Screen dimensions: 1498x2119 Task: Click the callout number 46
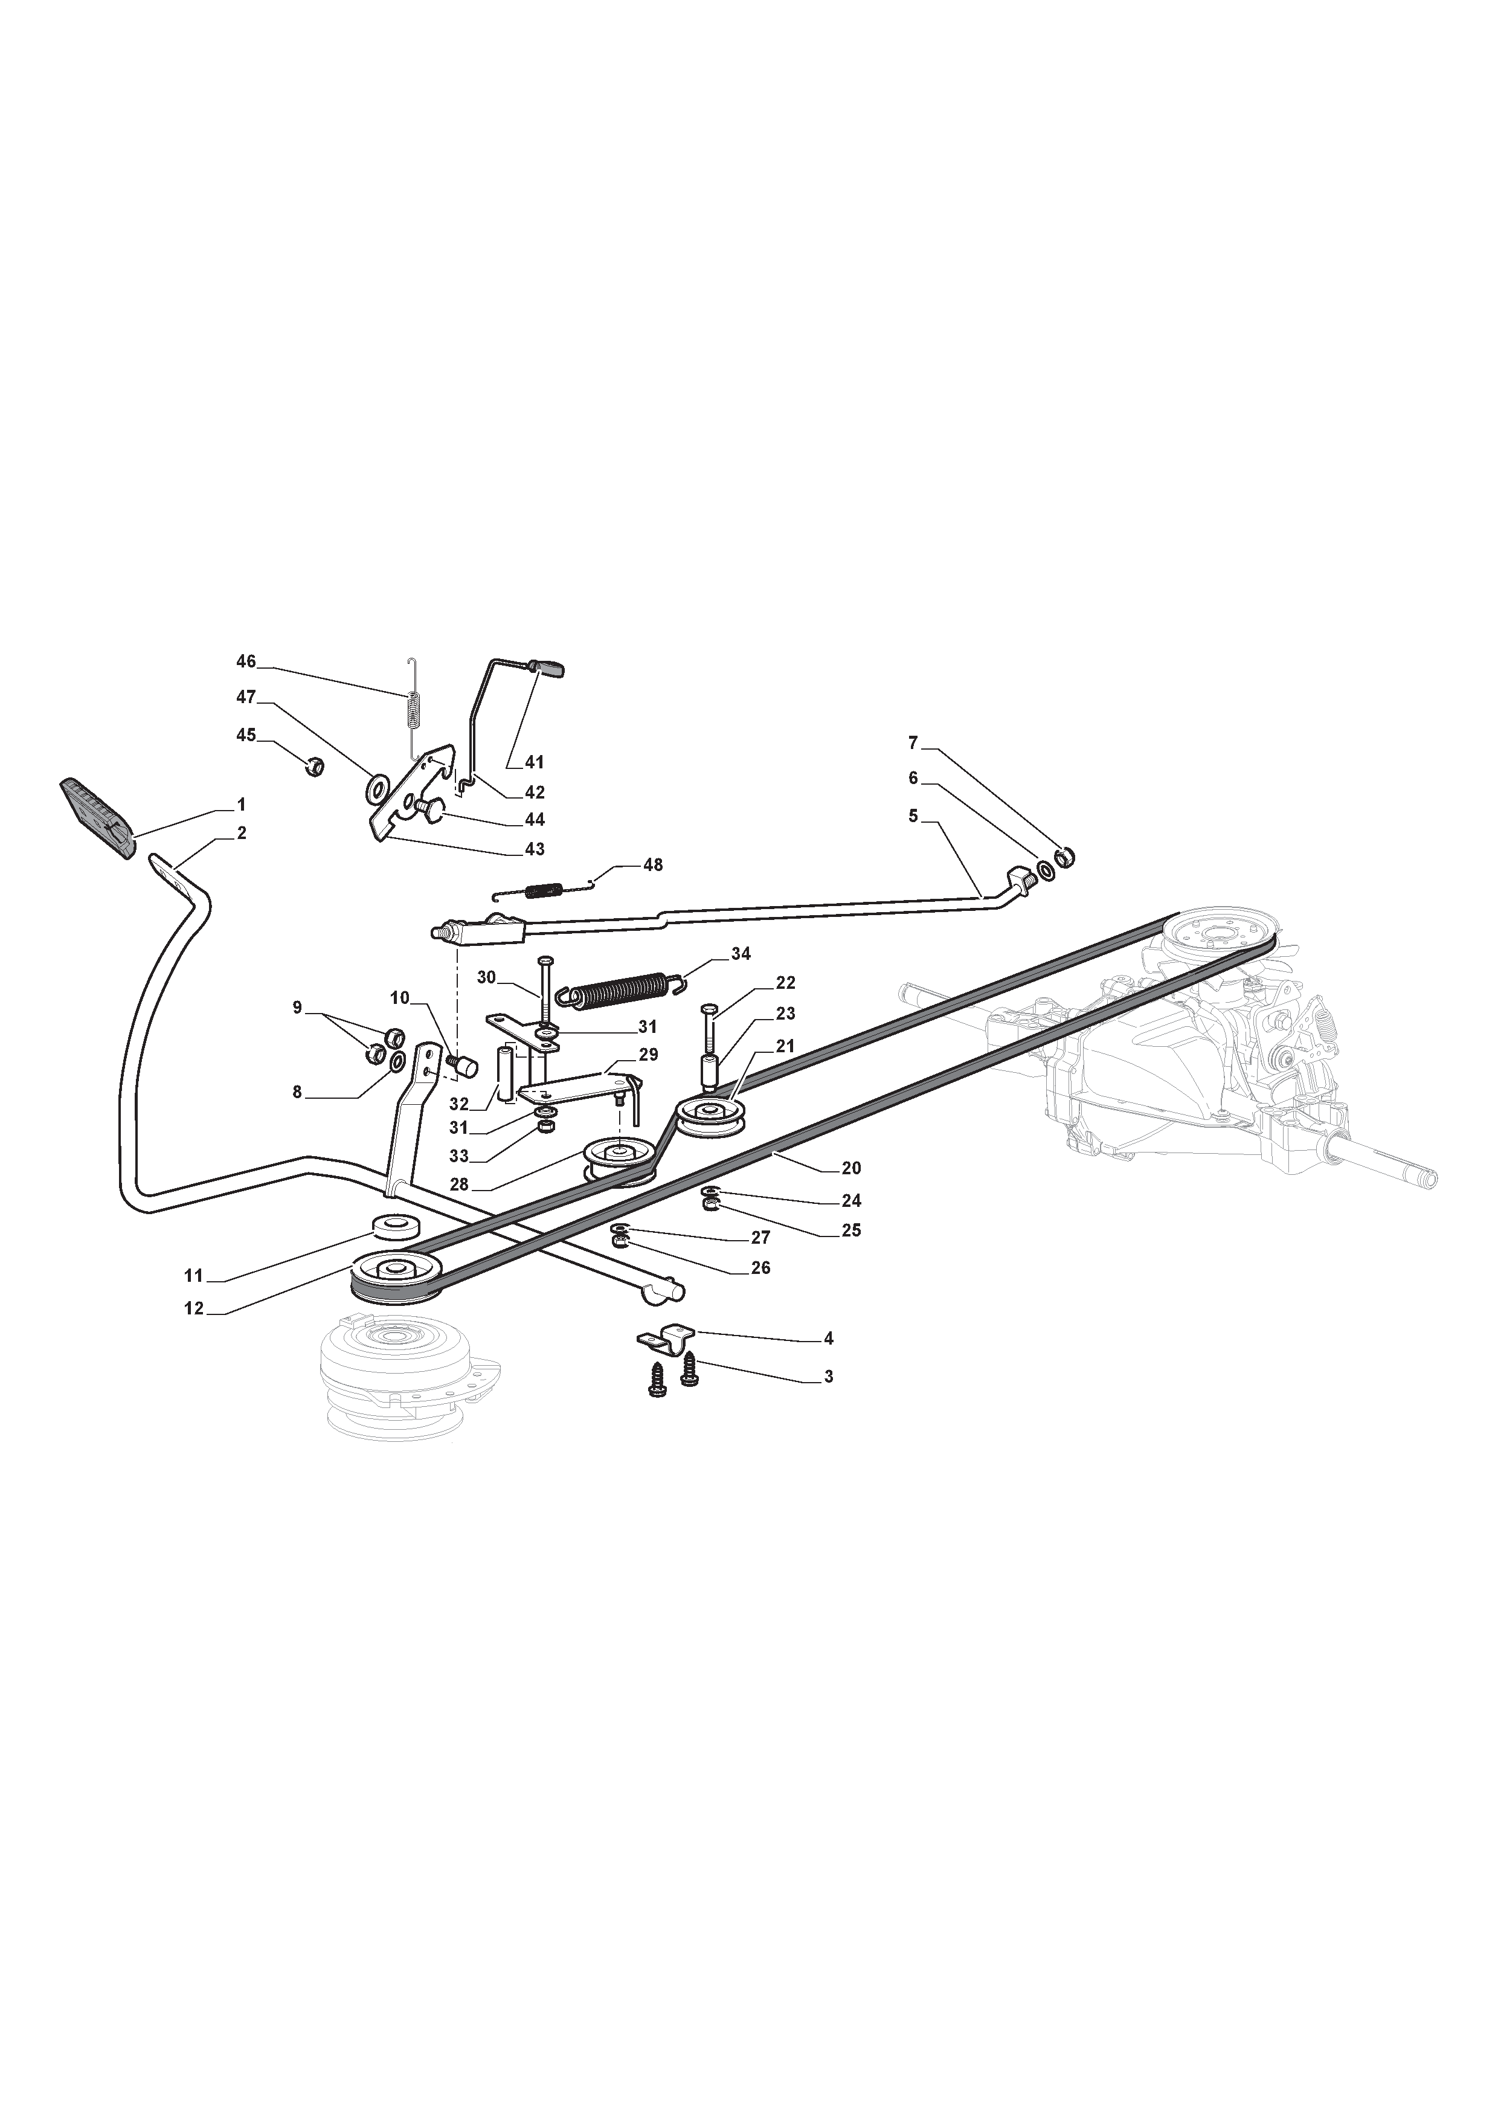pyautogui.click(x=246, y=661)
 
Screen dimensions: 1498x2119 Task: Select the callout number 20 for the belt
pyautogui.click(x=851, y=1168)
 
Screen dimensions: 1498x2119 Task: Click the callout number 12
pyautogui.click(x=194, y=1309)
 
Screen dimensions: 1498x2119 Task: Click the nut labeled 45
pyautogui.click(x=313, y=765)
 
